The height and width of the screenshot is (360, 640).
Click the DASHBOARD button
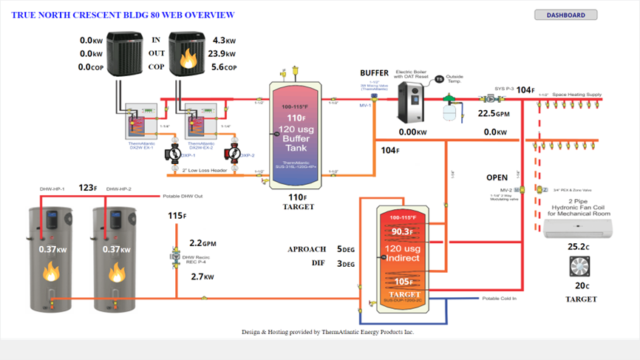(x=565, y=15)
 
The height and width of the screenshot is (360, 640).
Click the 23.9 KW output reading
(x=222, y=54)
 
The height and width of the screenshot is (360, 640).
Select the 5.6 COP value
(x=222, y=67)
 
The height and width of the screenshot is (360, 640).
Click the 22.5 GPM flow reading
(x=494, y=114)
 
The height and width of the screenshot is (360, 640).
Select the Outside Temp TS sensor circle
(x=439, y=79)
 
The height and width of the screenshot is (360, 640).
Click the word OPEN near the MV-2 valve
(x=497, y=178)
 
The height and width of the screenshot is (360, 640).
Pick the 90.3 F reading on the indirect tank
(x=401, y=233)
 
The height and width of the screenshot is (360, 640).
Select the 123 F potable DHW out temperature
(x=87, y=188)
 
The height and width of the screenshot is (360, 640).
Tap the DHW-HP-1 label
(x=52, y=189)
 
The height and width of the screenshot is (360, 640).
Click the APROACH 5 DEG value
(x=345, y=250)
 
